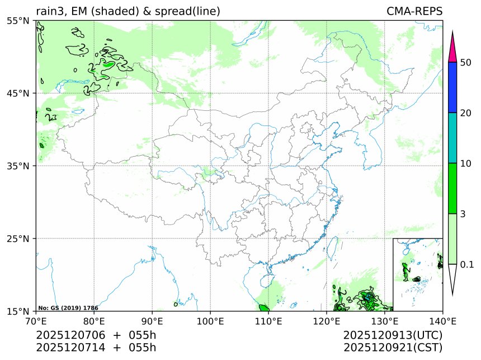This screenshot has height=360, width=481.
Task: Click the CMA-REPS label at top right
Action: (x=414, y=11)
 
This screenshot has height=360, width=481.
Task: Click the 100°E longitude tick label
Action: (x=210, y=321)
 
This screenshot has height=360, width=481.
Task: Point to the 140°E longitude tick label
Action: (x=442, y=321)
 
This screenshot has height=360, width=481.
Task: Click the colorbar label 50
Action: (x=465, y=62)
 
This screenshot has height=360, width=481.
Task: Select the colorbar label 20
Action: (x=465, y=113)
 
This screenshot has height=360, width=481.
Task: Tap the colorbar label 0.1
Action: (x=467, y=264)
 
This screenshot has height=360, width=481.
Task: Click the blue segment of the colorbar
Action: (x=453, y=87)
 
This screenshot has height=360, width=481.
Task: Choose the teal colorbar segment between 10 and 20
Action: (x=453, y=138)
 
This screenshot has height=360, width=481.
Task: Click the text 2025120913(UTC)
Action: (x=393, y=335)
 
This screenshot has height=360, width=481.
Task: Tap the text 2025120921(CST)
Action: (x=393, y=348)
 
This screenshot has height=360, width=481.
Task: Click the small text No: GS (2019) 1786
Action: (x=68, y=308)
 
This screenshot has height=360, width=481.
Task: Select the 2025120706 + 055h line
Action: (x=96, y=335)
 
